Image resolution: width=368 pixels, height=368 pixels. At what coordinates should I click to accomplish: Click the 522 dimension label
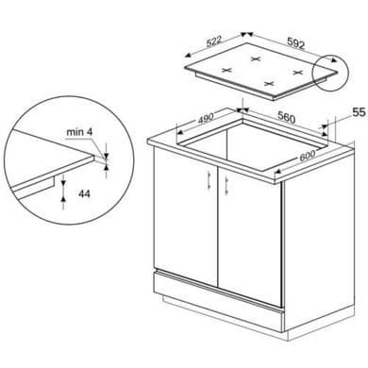pyautogui.click(x=214, y=42)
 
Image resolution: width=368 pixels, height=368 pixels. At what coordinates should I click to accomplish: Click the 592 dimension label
pyautogui.click(x=296, y=43)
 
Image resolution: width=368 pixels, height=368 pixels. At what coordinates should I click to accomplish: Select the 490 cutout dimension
pyautogui.click(x=206, y=118)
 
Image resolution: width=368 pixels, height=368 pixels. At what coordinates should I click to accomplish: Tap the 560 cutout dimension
pyautogui.click(x=287, y=118)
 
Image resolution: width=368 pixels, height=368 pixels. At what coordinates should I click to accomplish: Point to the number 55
pyautogui.click(x=359, y=112)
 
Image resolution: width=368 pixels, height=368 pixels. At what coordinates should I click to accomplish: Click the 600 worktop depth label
pyautogui.click(x=307, y=156)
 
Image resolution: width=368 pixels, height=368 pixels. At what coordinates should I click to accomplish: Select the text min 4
pyautogui.click(x=79, y=132)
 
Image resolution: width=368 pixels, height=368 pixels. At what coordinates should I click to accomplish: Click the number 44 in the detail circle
pyautogui.click(x=84, y=193)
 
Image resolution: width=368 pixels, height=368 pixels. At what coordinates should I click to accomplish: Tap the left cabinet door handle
pyautogui.click(x=209, y=181)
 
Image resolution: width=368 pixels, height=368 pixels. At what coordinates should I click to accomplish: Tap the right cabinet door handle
pyautogui.click(x=226, y=184)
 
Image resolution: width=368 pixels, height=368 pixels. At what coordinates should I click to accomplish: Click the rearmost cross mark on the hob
pyautogui.click(x=256, y=59)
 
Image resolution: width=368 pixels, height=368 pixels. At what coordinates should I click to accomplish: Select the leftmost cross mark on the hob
pyautogui.click(x=226, y=70)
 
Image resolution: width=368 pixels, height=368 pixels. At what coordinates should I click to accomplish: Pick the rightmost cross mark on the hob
pyautogui.click(x=297, y=73)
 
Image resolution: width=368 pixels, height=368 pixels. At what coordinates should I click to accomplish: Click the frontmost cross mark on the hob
pyautogui.click(x=268, y=83)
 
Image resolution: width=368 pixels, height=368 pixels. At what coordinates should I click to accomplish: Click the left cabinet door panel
pyautogui.click(x=185, y=215)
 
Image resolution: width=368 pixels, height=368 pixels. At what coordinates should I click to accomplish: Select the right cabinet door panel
pyautogui.click(x=249, y=236)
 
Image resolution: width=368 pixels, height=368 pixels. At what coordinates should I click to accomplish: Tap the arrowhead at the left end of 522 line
pyautogui.click(x=188, y=56)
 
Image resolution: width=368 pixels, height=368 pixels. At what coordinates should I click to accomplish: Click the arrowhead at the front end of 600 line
pyautogui.click(x=277, y=171)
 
